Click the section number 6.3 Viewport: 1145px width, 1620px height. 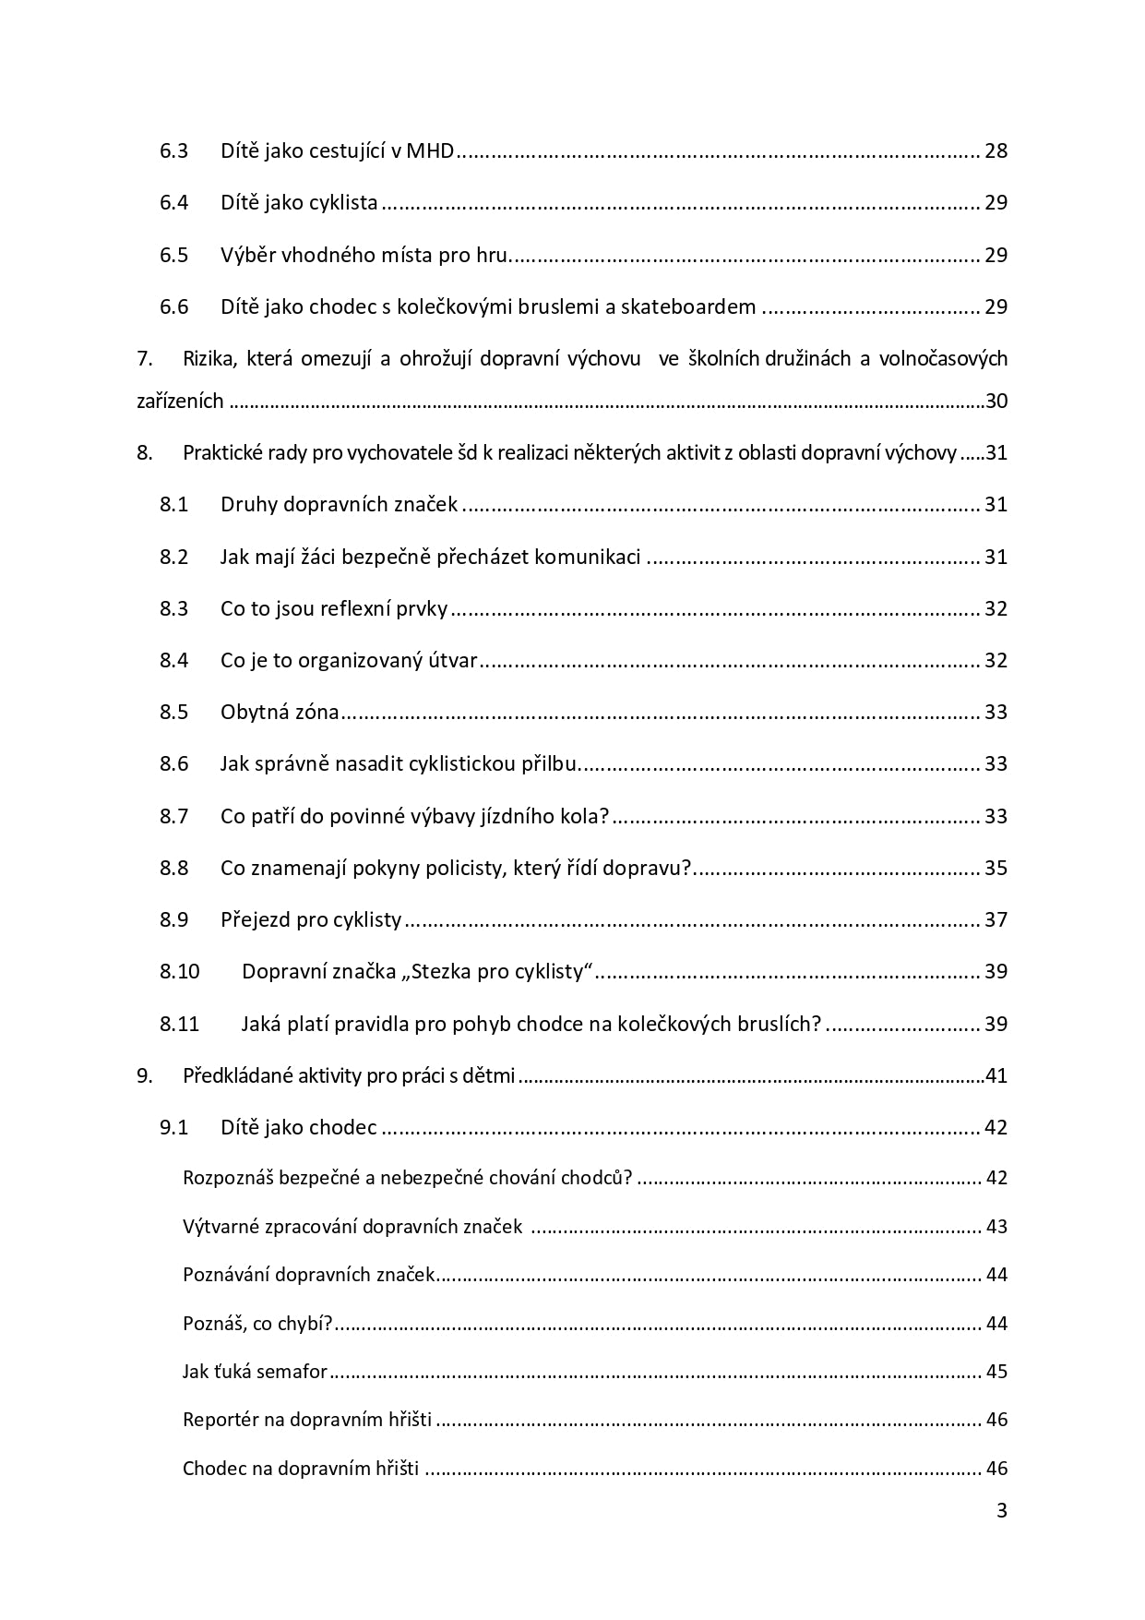(173, 150)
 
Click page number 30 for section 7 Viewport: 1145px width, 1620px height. (996, 402)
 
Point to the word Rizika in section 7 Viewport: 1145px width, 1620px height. (209, 358)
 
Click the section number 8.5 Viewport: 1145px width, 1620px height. (173, 712)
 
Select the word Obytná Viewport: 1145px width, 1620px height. (254, 712)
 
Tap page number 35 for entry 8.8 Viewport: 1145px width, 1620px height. (996, 868)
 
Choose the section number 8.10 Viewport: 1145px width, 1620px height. (179, 971)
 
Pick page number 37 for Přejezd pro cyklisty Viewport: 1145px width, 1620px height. (996, 919)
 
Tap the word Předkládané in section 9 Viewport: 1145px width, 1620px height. (237, 1075)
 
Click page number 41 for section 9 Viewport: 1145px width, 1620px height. (996, 1075)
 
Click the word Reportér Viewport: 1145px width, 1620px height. (221, 1420)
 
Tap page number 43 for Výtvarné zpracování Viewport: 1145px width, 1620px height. (996, 1227)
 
